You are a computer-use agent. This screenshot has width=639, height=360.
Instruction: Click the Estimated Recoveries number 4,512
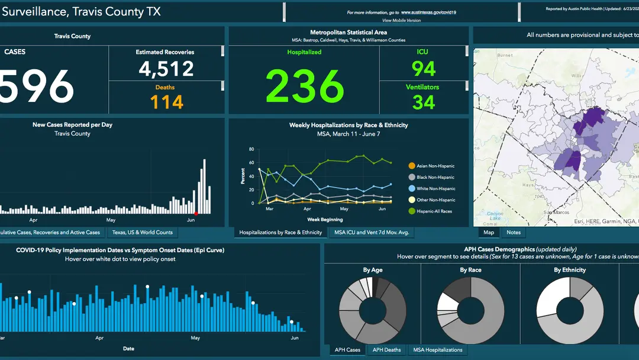[x=166, y=69]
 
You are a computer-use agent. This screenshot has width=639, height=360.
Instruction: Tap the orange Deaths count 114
[x=166, y=102]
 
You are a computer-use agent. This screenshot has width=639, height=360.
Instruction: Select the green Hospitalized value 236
[x=305, y=86]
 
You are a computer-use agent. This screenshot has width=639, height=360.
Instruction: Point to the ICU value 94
[x=424, y=69]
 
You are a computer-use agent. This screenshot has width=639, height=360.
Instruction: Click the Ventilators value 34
[x=424, y=102]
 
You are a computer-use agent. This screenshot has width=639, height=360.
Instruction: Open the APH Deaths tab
[x=386, y=350]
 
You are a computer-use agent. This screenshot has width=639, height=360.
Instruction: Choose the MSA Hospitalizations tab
[x=437, y=350]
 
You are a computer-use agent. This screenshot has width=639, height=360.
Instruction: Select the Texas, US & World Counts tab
[x=143, y=233]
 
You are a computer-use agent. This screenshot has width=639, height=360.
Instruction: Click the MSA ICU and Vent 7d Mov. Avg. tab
[x=371, y=233]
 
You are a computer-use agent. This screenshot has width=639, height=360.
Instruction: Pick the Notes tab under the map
[x=514, y=233]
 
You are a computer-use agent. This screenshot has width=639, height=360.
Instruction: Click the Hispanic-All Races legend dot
[x=412, y=211]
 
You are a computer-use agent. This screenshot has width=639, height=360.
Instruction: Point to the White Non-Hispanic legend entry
[x=435, y=189]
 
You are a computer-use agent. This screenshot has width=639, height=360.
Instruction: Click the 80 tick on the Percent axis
[x=251, y=149]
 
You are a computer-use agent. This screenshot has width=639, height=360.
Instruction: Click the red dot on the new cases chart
[x=196, y=213]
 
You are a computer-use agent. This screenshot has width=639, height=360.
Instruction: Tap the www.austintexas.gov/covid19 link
[x=428, y=12]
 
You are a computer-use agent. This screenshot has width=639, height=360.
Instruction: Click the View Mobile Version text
[x=402, y=20]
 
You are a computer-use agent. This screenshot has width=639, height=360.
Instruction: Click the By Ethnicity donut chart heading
[x=570, y=270]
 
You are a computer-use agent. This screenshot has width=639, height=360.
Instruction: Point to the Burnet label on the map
[x=505, y=55]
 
